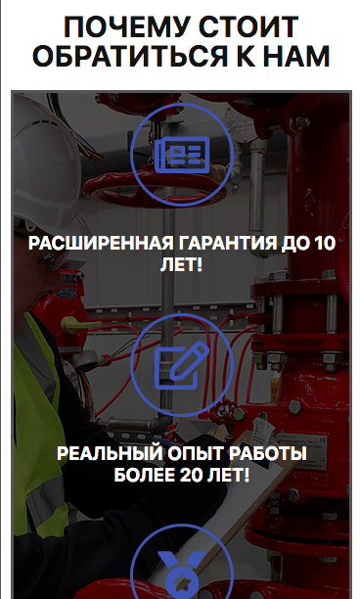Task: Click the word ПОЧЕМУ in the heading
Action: pyautogui.click(x=127, y=27)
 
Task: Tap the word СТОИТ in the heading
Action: pyautogui.click(x=248, y=27)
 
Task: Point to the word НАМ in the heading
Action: pyautogui.click(x=296, y=56)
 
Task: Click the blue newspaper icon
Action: pyautogui.click(x=182, y=155)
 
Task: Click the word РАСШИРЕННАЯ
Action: pyautogui.click(x=101, y=244)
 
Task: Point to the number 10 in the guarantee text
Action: pyautogui.click(x=325, y=244)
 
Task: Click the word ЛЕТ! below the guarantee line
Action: pyautogui.click(x=181, y=264)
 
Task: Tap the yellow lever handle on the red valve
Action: pyautogui.click(x=79, y=324)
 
